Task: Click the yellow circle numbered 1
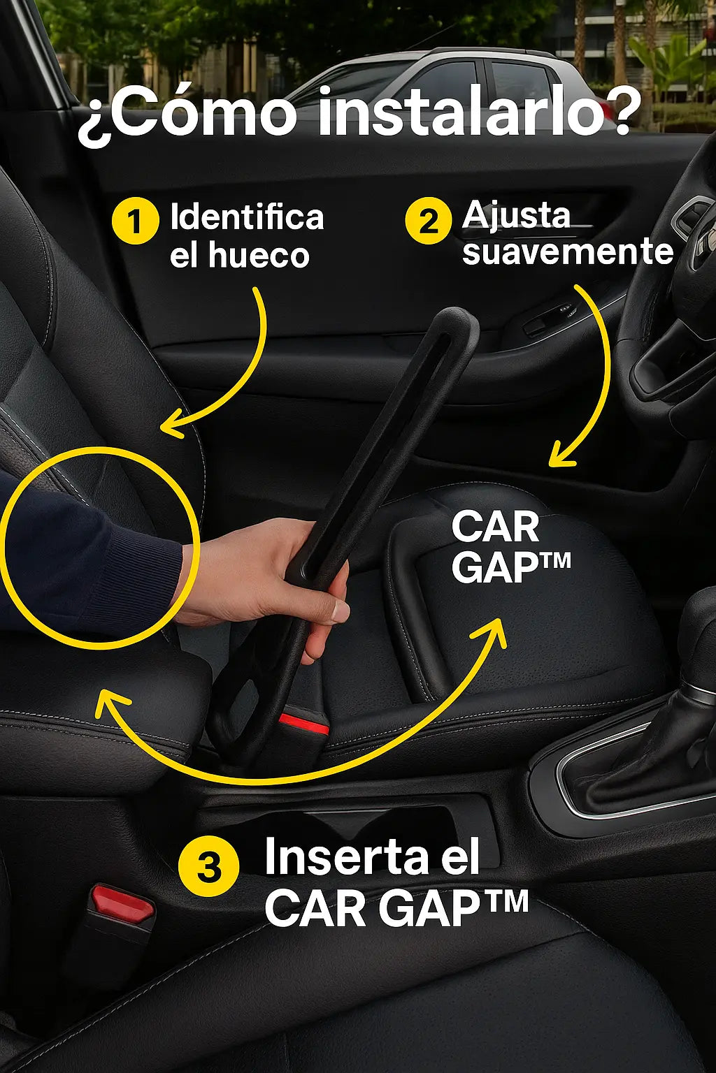(x=135, y=221)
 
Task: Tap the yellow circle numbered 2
(x=428, y=220)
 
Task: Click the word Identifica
(x=248, y=217)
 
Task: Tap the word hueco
(x=259, y=255)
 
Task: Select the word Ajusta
(x=516, y=217)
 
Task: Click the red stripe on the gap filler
(x=304, y=724)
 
